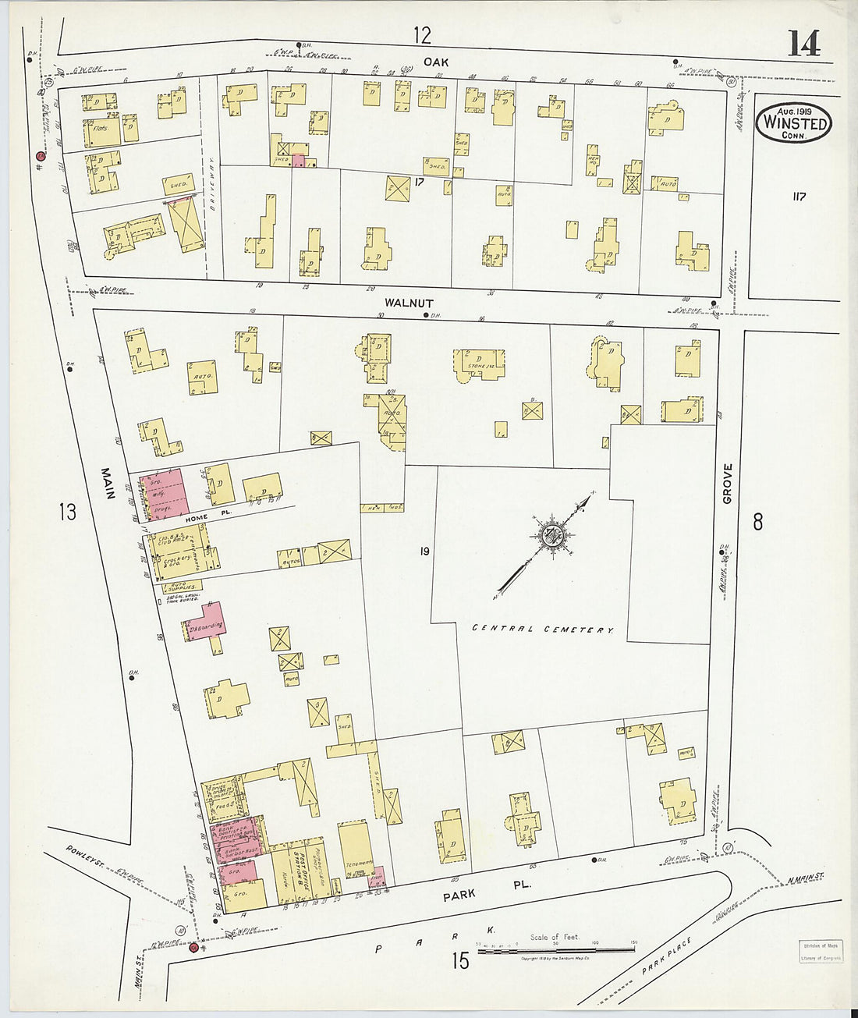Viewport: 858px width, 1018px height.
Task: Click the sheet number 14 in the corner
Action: pyautogui.click(x=803, y=44)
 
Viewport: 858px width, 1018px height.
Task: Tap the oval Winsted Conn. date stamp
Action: pyautogui.click(x=793, y=123)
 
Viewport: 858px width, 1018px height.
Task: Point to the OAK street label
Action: pyautogui.click(x=434, y=60)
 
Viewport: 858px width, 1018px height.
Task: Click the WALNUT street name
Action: pyautogui.click(x=408, y=303)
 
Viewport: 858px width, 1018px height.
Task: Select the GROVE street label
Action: pyautogui.click(x=728, y=483)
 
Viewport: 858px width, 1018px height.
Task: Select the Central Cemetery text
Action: pyautogui.click(x=543, y=629)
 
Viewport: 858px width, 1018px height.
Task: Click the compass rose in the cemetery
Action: pyautogui.click(x=552, y=534)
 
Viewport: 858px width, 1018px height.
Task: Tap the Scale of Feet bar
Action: pyautogui.click(x=555, y=949)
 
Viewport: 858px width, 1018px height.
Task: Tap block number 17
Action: pyautogui.click(x=419, y=183)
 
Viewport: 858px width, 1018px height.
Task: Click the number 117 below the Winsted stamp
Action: pyautogui.click(x=798, y=197)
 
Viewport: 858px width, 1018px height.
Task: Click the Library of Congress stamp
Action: pyautogui.click(x=820, y=952)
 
